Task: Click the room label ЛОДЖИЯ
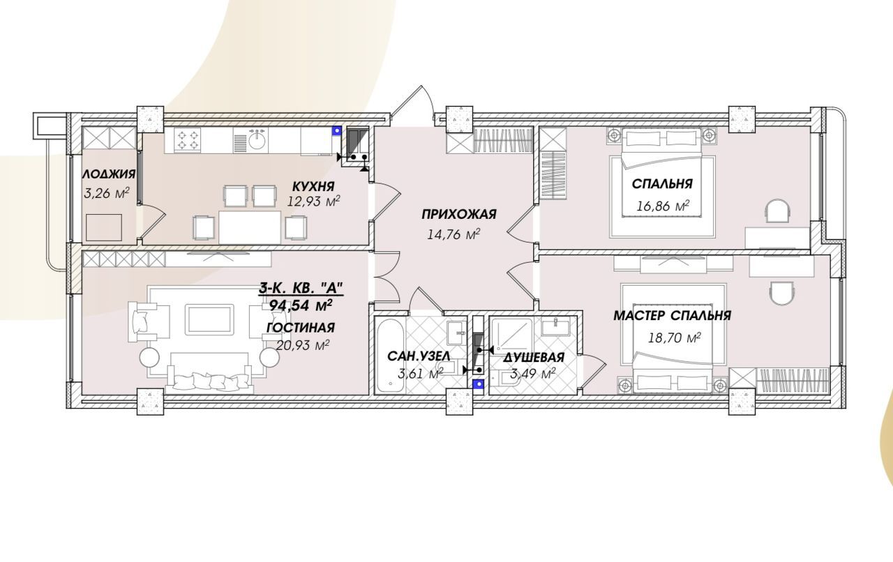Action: click(109, 174)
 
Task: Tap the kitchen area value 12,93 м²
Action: click(314, 201)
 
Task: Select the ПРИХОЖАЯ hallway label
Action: click(459, 215)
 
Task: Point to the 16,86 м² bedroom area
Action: click(663, 206)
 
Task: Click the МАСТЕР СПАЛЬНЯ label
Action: click(672, 316)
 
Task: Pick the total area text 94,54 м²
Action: click(301, 305)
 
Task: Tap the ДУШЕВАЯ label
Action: click(534, 358)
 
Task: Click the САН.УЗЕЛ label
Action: click(419, 356)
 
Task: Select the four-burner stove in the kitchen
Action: click(188, 139)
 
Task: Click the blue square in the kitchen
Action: click(338, 130)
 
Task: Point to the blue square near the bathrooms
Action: click(477, 384)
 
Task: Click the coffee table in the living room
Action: click(209, 319)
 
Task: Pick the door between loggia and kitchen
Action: click(152, 224)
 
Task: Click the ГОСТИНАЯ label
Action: click(301, 328)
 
